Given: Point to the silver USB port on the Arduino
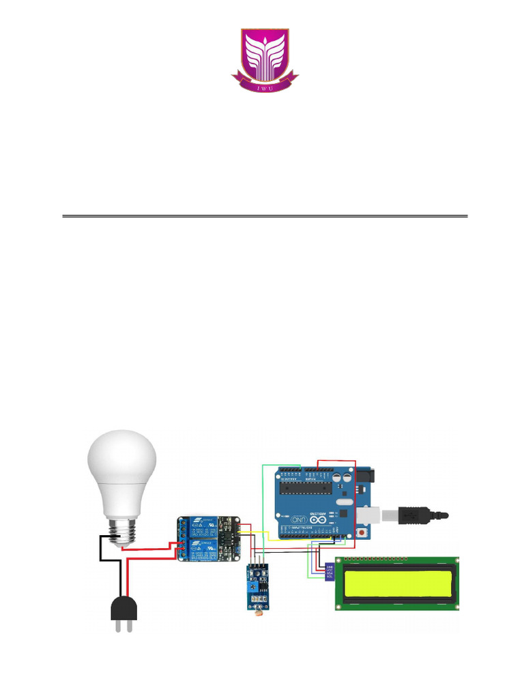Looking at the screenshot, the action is click(362, 513).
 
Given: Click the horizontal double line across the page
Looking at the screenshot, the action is click(265, 217).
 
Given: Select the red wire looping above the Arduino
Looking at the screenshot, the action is click(338, 461).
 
